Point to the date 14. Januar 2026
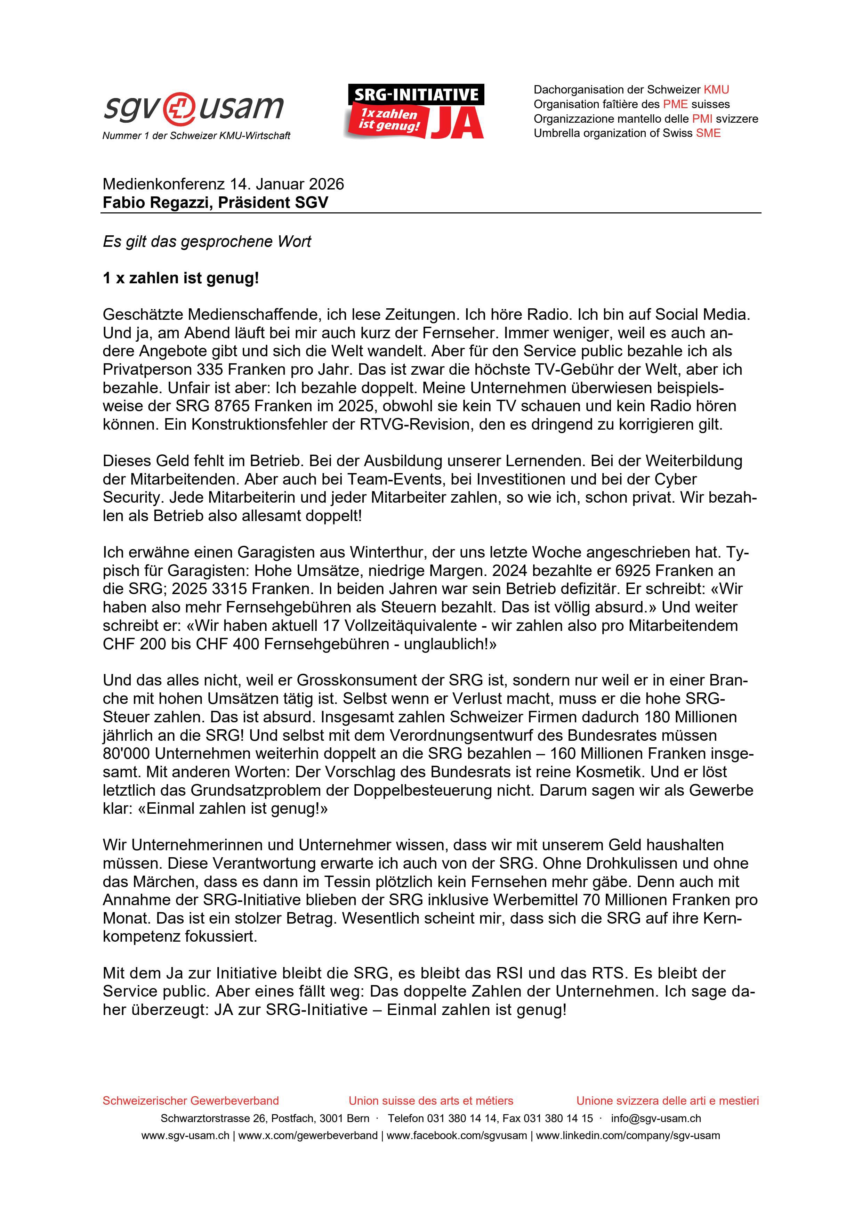tap(287, 184)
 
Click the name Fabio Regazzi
tap(155, 203)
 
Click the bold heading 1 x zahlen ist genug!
tap(180, 278)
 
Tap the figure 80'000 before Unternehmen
tap(126, 753)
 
